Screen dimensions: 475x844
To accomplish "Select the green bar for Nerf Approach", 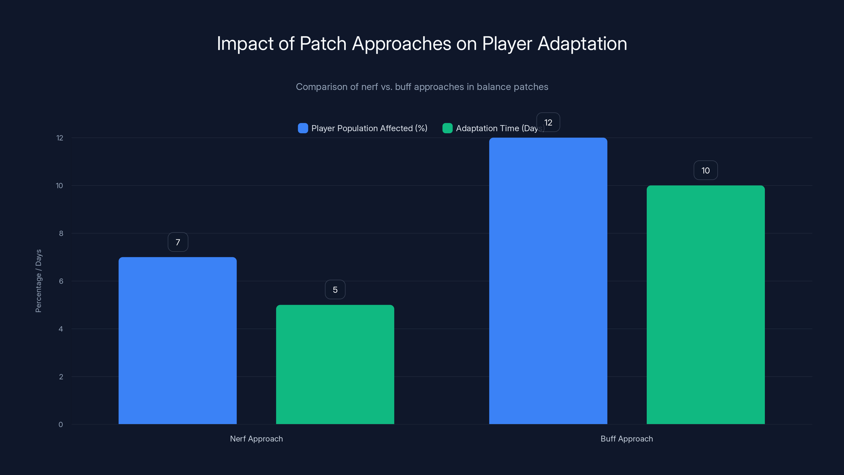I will (335, 364).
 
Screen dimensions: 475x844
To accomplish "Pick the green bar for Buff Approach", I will (706, 305).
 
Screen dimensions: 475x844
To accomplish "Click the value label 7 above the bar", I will (178, 242).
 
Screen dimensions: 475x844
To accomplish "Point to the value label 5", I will (335, 290).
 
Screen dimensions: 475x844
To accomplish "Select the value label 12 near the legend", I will (548, 123).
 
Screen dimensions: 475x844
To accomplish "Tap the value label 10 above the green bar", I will (706, 170).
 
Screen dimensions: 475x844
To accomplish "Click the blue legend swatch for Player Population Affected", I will (303, 128).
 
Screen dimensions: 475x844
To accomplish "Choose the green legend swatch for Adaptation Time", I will (447, 128).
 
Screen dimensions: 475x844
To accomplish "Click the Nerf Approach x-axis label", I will (256, 439).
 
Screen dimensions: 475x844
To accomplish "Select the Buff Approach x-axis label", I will (626, 439).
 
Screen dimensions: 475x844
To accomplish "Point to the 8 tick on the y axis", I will (61, 233).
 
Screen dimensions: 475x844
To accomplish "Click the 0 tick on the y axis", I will (61, 425).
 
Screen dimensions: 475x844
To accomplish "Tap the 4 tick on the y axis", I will (61, 329).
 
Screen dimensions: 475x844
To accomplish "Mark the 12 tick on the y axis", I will (60, 138).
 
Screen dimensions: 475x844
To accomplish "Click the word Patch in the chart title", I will (323, 43).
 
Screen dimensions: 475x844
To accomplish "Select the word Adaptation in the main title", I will (582, 43).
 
